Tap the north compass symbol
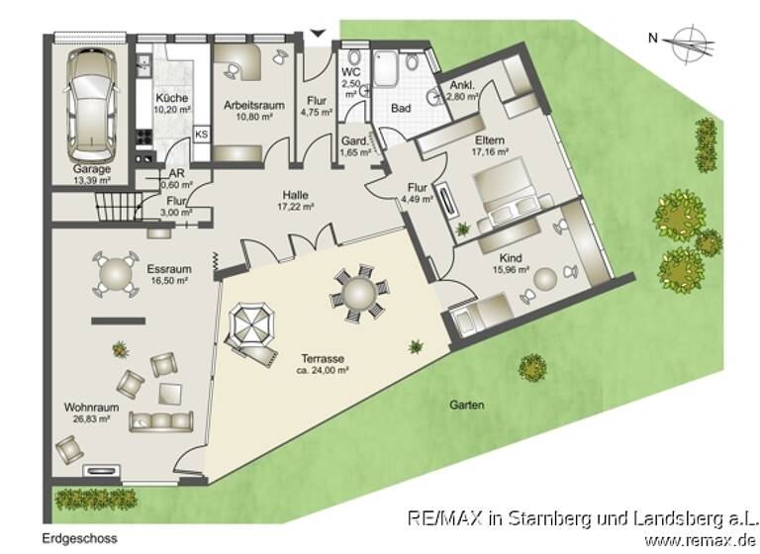pyautogui.click(x=681, y=41)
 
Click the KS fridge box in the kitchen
pyautogui.click(x=201, y=134)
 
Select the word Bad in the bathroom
pyautogui.click(x=400, y=107)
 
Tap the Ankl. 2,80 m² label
pyautogui.click(x=462, y=91)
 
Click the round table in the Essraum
pyautogui.click(x=116, y=272)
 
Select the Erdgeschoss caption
pyautogui.click(x=78, y=539)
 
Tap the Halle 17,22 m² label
pyautogui.click(x=295, y=201)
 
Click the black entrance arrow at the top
pyautogui.click(x=317, y=34)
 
